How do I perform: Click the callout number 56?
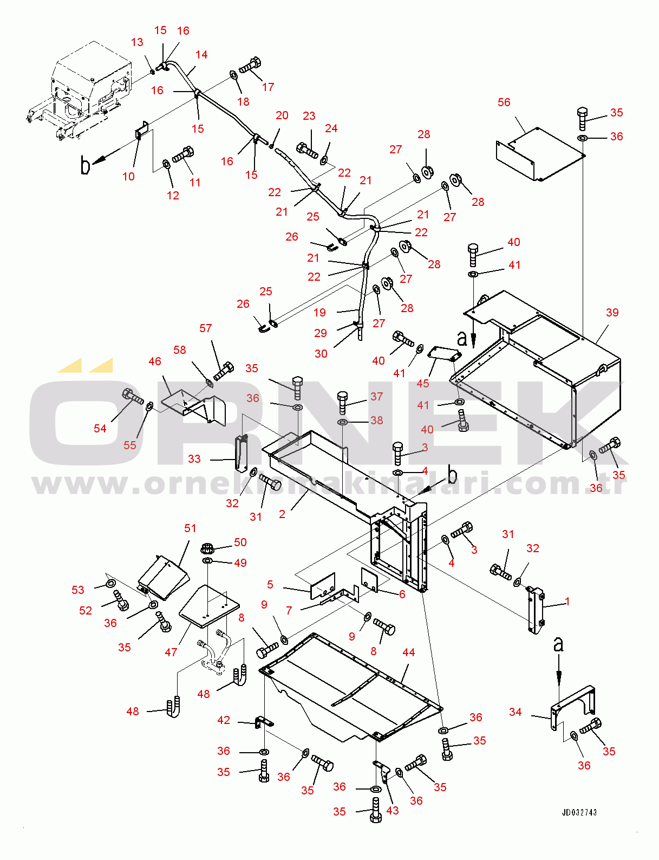tap(504, 102)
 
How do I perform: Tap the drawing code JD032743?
tap(579, 812)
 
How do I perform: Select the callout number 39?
tap(612, 313)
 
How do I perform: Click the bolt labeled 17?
tap(250, 66)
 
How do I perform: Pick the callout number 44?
tap(408, 652)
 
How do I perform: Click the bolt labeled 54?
tap(132, 397)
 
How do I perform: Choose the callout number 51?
tap(190, 528)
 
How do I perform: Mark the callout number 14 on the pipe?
tap(201, 55)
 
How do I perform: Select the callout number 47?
tap(171, 652)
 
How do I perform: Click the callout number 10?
tap(128, 177)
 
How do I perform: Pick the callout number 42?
tap(224, 720)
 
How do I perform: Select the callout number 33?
tap(194, 459)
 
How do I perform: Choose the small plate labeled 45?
tap(445, 354)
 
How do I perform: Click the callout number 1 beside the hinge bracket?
tap(567, 602)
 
